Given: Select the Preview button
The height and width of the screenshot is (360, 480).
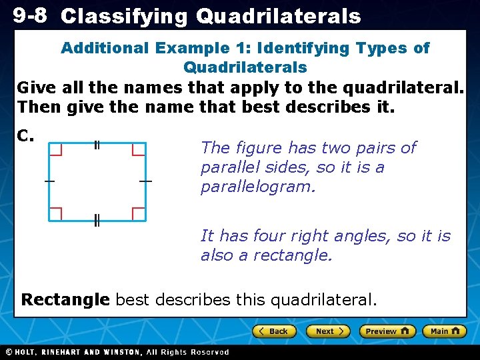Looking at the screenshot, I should tap(387, 331).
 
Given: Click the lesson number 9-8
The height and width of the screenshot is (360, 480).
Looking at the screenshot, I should tap(29, 15).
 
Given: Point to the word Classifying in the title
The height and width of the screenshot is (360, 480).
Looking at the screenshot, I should tap(125, 17).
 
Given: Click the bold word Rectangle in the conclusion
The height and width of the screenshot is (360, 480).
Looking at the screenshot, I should tap(65, 300).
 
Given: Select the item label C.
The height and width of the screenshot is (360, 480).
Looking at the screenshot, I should tap(26, 136).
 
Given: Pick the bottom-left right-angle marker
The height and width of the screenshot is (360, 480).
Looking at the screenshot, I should tap(56, 213).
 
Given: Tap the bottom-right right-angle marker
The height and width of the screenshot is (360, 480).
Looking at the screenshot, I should tap(139, 213).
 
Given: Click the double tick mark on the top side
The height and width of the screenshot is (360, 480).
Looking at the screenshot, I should tap(97, 145).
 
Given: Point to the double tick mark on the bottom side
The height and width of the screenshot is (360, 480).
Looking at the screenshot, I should tap(97, 221).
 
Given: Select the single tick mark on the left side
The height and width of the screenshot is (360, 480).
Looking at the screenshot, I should tap(49, 181).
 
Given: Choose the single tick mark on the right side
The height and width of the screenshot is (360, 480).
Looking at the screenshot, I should tap(146, 181).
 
